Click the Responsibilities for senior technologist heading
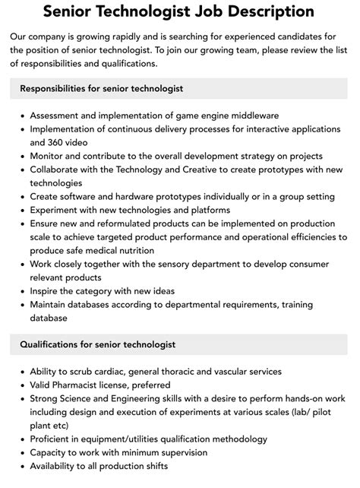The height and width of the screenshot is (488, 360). point(102,89)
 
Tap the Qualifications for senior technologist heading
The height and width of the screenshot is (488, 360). point(98,344)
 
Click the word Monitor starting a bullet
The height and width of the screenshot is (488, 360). point(50,156)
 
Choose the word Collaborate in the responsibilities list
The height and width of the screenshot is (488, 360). point(60,170)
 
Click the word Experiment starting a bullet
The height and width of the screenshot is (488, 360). point(59,210)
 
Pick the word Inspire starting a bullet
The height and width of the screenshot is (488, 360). point(48,291)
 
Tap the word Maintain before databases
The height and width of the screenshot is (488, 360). point(52,305)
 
